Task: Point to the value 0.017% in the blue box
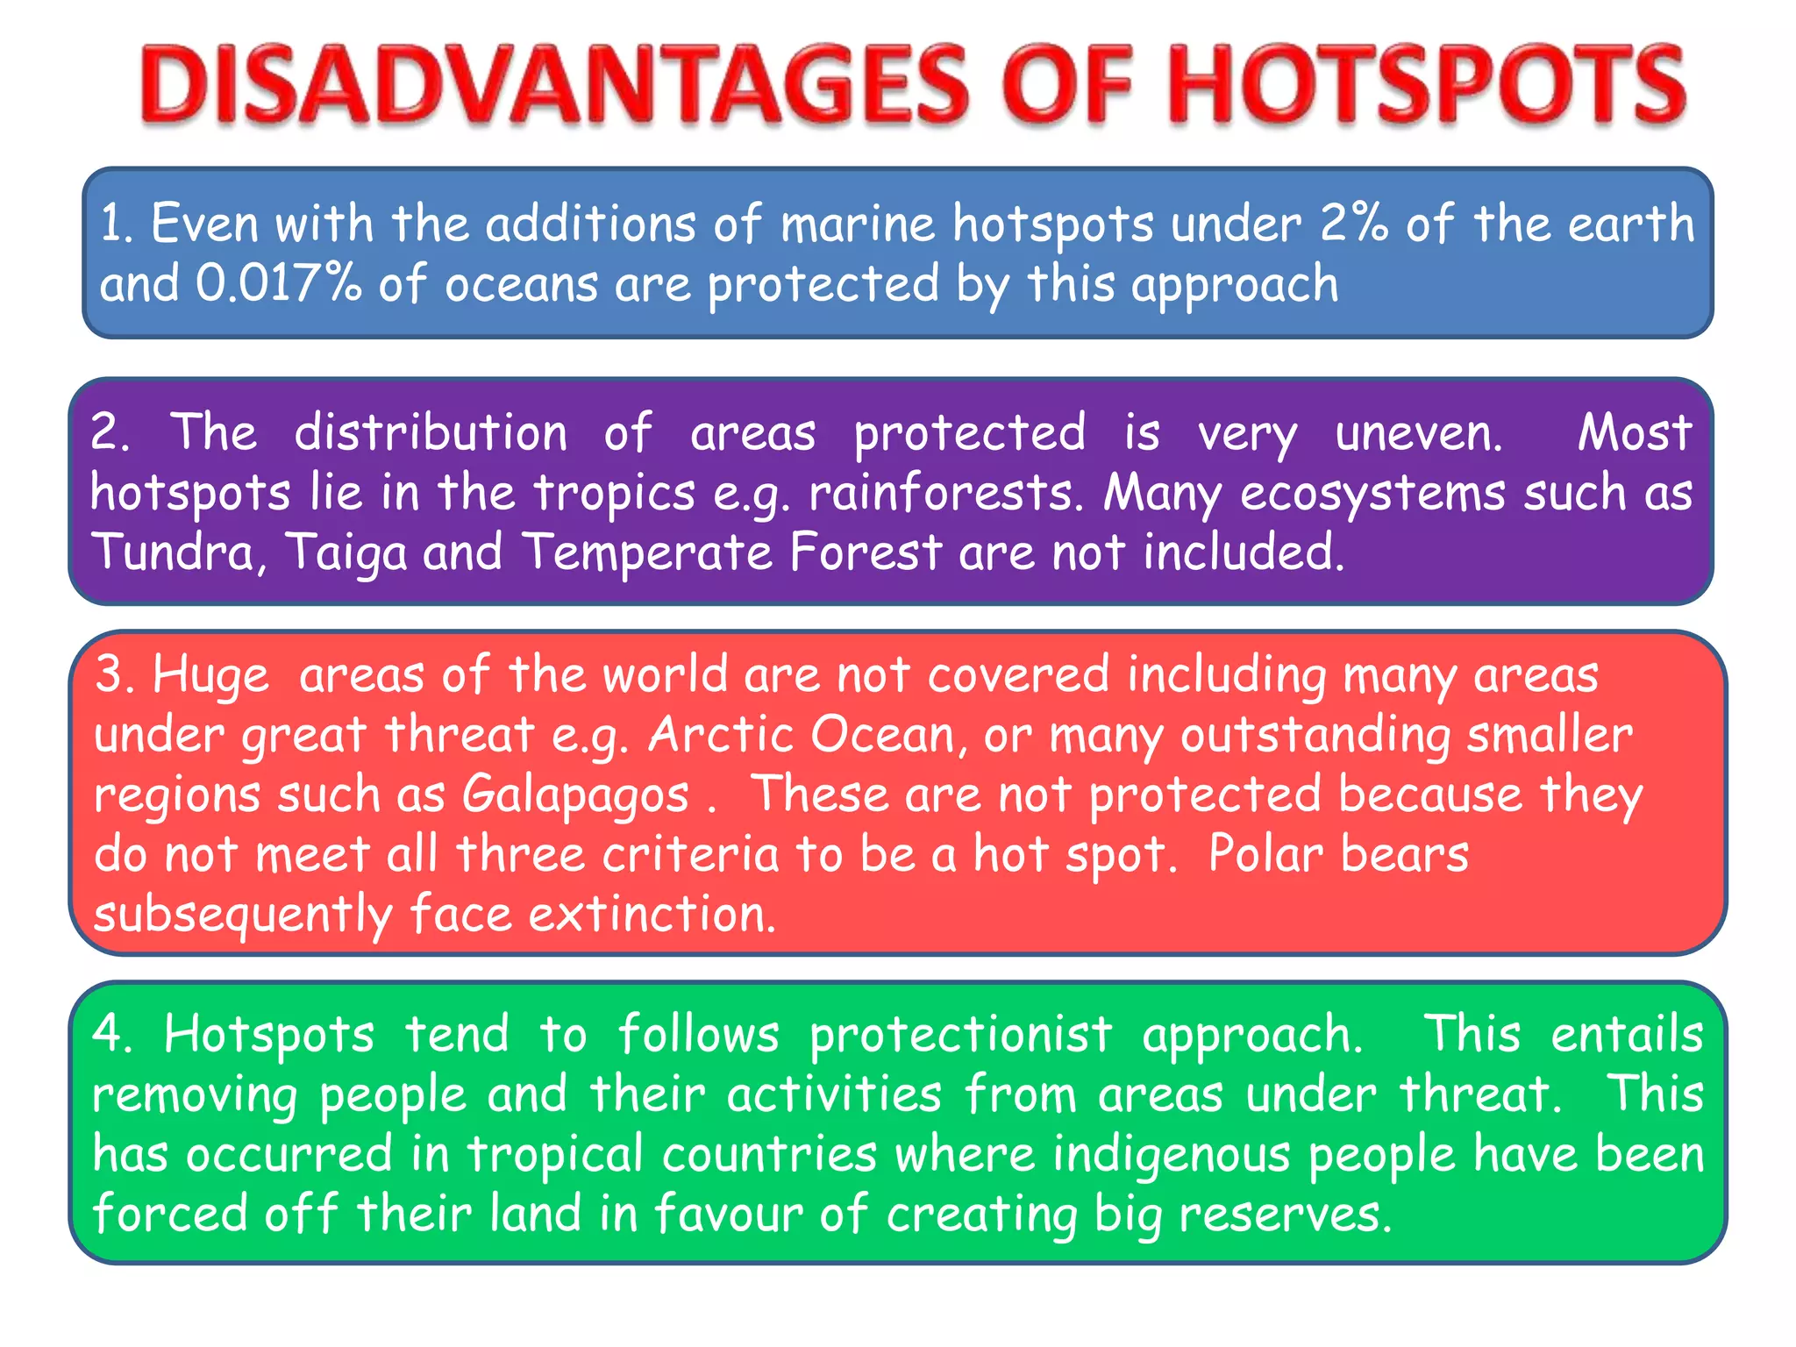[x=278, y=284]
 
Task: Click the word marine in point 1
[x=857, y=224]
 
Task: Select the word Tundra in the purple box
[x=174, y=552]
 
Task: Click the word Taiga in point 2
[x=346, y=554]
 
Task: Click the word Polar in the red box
[x=1264, y=854]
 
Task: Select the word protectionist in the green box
[x=961, y=1036]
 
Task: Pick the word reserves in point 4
[x=1284, y=1215]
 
